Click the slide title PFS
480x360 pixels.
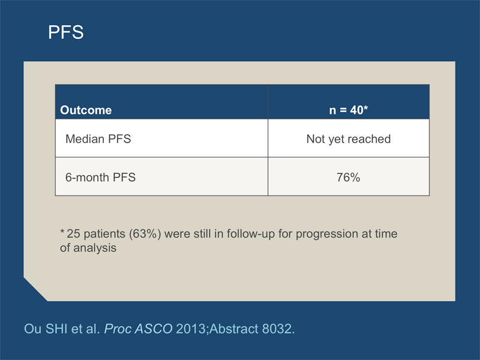click(x=66, y=32)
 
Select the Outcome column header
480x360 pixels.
click(x=86, y=110)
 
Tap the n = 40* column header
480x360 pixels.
click(x=349, y=110)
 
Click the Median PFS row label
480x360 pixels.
click(x=98, y=139)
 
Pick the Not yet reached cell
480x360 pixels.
click(x=349, y=139)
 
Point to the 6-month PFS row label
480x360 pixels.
click(x=100, y=177)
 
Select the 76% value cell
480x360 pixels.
click(x=349, y=177)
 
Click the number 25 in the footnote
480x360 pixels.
click(x=73, y=233)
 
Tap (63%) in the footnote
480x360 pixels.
click(x=145, y=233)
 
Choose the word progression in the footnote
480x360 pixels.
click(x=327, y=234)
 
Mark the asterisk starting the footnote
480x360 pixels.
click(x=62, y=231)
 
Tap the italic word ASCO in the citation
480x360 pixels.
click(x=154, y=329)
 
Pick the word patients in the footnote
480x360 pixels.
click(x=104, y=234)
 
